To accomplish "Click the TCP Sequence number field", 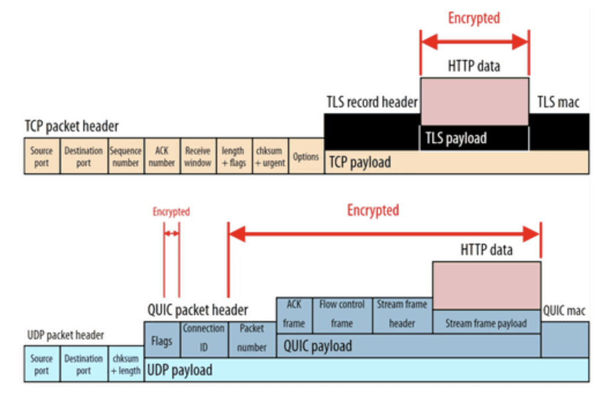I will click(x=125, y=156).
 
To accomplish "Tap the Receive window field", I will click(x=198, y=156).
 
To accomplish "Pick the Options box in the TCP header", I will click(x=306, y=156).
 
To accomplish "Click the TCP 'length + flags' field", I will click(x=233, y=156).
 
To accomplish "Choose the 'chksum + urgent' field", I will click(x=270, y=156).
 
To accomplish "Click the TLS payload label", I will click(x=456, y=139).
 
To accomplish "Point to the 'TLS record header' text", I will click(x=372, y=103).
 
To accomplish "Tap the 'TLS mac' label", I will click(x=558, y=103).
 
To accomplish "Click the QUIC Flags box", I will click(x=161, y=341).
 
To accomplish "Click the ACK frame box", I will click(x=294, y=315).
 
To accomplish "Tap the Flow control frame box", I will click(x=341, y=315).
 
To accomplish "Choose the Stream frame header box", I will click(x=402, y=315).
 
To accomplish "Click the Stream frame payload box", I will click(x=486, y=323).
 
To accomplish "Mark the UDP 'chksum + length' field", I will click(x=125, y=364).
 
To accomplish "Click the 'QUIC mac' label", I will click(x=564, y=311).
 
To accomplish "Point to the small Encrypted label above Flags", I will click(x=171, y=212).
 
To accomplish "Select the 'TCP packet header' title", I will click(x=72, y=126).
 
